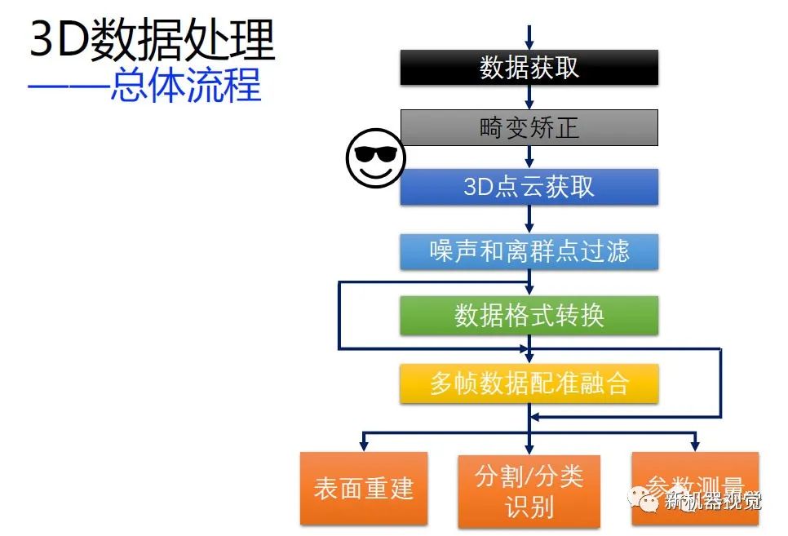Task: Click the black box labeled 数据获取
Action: point(529,68)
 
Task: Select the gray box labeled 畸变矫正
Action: point(529,127)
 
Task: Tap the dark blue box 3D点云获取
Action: point(529,187)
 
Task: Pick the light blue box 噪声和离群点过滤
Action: point(529,250)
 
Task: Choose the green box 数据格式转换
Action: point(529,315)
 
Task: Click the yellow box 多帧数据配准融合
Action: point(529,383)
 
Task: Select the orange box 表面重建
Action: point(364,488)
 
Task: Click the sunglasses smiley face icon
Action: point(375,157)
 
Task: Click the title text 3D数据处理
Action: point(152,41)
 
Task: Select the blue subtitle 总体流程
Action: point(186,86)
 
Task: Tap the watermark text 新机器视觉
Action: point(713,501)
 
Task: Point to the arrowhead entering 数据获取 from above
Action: point(529,45)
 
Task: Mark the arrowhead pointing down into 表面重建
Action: point(364,445)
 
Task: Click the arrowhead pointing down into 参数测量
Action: point(695,445)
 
